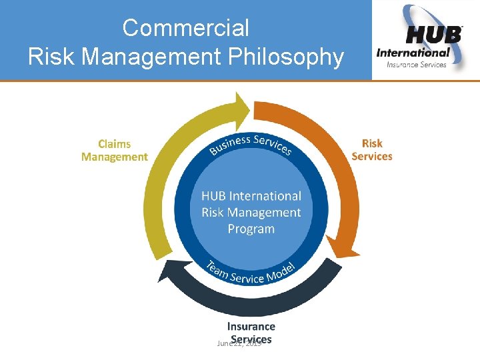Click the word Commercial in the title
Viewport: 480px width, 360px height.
tap(185, 28)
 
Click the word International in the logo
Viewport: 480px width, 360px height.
tap(413, 53)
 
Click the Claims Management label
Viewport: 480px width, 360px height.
tap(115, 151)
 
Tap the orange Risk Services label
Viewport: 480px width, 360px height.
tap(372, 150)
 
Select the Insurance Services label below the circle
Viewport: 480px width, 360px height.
tap(251, 332)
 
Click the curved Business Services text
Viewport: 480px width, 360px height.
tap(250, 143)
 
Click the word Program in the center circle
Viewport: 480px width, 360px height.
tap(251, 229)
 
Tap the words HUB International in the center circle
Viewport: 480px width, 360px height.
tap(251, 196)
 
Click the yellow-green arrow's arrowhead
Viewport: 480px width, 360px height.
tap(239, 106)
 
